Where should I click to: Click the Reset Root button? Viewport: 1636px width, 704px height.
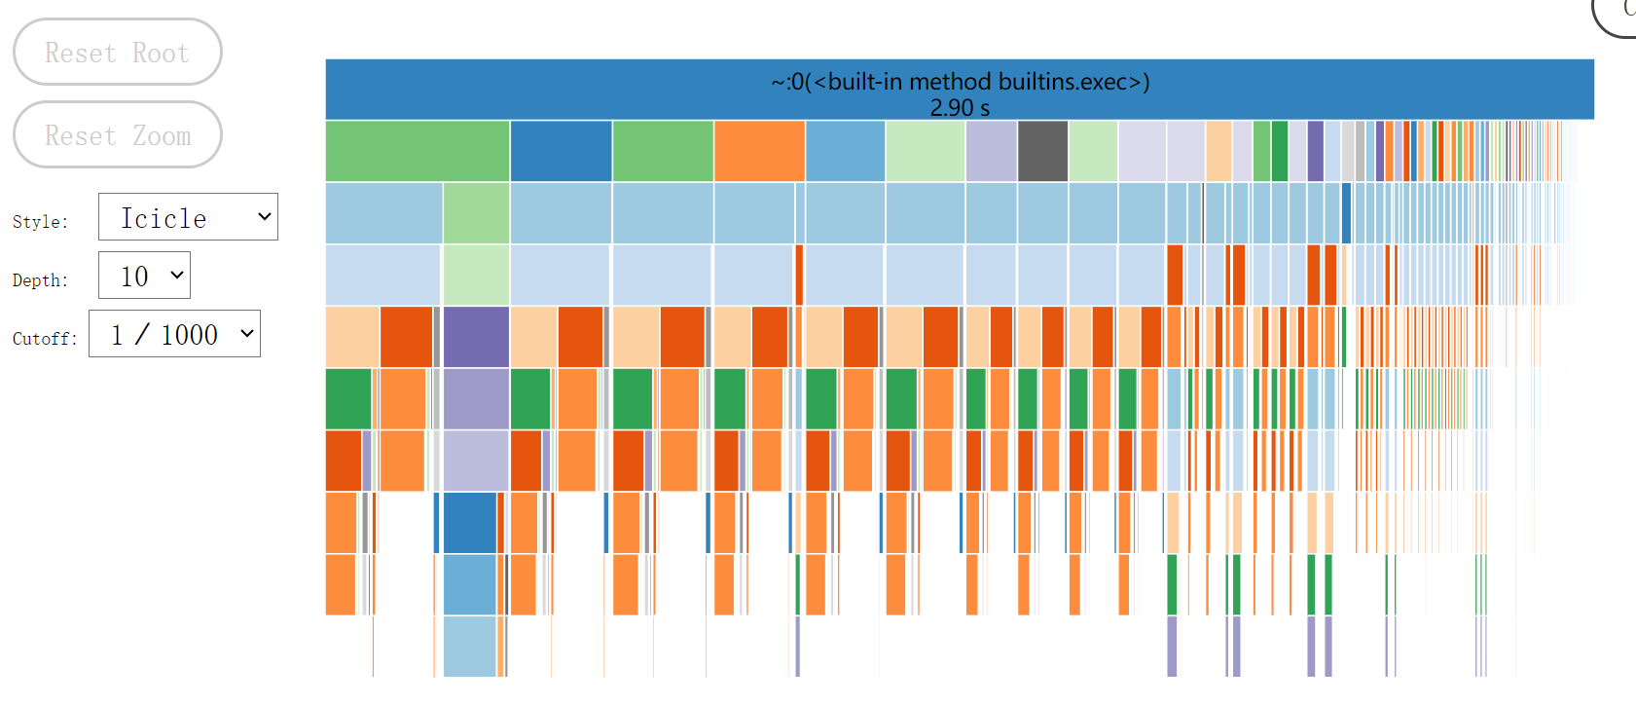[x=117, y=53]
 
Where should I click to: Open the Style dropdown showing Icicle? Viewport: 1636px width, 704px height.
[x=187, y=217]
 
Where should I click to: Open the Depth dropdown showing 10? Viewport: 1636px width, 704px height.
[x=144, y=277]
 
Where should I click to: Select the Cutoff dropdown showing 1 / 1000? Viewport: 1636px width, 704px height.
[x=174, y=335]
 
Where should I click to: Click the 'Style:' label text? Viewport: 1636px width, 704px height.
[x=40, y=222]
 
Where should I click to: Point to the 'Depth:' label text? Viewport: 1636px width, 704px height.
[x=40, y=280]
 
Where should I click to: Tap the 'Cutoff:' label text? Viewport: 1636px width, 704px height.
[x=45, y=339]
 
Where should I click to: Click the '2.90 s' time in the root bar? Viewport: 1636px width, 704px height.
[x=960, y=107]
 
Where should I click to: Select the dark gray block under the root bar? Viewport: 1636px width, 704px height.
[x=1042, y=151]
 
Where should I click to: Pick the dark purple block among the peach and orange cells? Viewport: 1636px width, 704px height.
[x=476, y=337]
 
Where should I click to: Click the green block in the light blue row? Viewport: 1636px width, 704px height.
[x=476, y=212]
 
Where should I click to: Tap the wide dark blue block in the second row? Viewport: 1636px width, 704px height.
[x=561, y=151]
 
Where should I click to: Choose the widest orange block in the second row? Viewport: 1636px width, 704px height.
[x=759, y=151]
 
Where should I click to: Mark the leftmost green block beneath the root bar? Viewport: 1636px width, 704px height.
[x=417, y=151]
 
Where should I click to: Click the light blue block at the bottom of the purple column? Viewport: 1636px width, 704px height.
[x=470, y=646]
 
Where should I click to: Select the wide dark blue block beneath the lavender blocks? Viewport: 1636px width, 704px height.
[x=470, y=523]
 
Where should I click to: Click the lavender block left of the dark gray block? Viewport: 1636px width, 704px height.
[x=991, y=151]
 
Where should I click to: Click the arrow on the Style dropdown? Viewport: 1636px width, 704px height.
[x=264, y=217]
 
